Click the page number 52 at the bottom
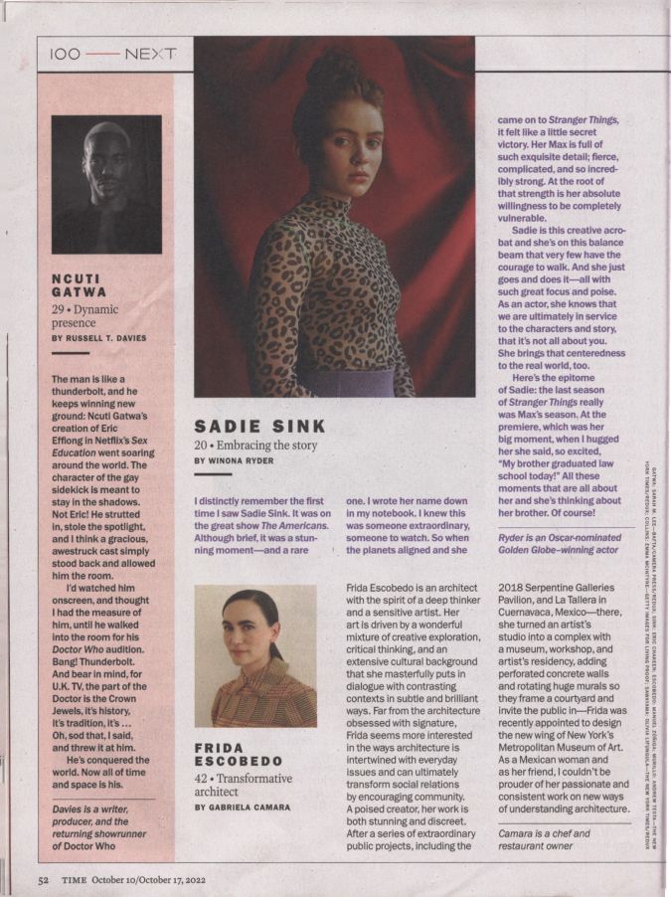coord(44,880)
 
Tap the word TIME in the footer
coord(73,880)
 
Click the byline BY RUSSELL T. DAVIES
coord(98,338)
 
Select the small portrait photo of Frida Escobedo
coord(254,655)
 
